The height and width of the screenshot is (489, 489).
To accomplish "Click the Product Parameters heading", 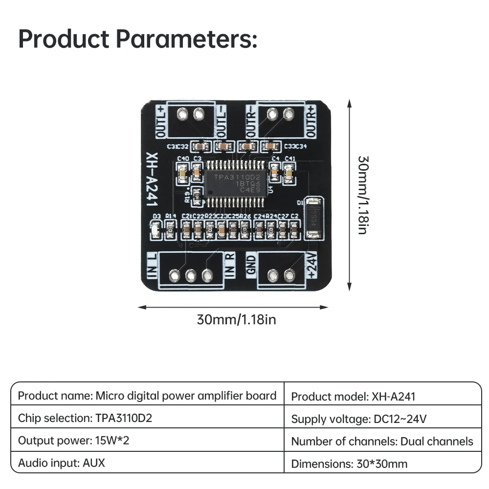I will (x=137, y=40).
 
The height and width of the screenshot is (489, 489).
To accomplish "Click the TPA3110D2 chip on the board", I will (x=237, y=185).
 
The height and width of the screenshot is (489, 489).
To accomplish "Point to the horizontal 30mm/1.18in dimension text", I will (x=236, y=320).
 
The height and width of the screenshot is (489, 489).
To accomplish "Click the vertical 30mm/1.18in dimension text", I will (x=363, y=195).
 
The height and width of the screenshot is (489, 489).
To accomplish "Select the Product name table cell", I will (x=147, y=396).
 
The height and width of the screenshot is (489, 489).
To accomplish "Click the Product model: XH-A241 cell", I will (x=353, y=396).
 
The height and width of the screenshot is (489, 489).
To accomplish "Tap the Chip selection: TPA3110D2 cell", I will (x=89, y=419).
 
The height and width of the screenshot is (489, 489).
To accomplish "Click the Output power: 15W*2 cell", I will (x=74, y=441).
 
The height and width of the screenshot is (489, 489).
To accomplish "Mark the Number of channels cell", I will (x=382, y=442).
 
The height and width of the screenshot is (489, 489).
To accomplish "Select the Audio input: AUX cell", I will (x=62, y=463).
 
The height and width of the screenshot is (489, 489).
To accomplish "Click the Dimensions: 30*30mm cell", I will (x=349, y=464).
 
